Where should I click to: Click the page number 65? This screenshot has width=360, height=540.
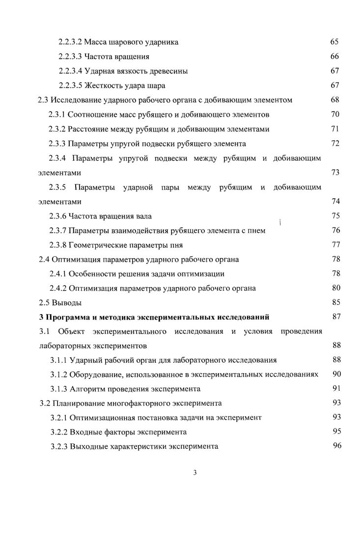(335, 42)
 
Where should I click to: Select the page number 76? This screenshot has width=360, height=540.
(336, 230)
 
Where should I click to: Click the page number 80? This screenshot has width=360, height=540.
(336, 288)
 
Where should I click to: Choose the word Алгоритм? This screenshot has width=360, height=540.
(84, 389)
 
